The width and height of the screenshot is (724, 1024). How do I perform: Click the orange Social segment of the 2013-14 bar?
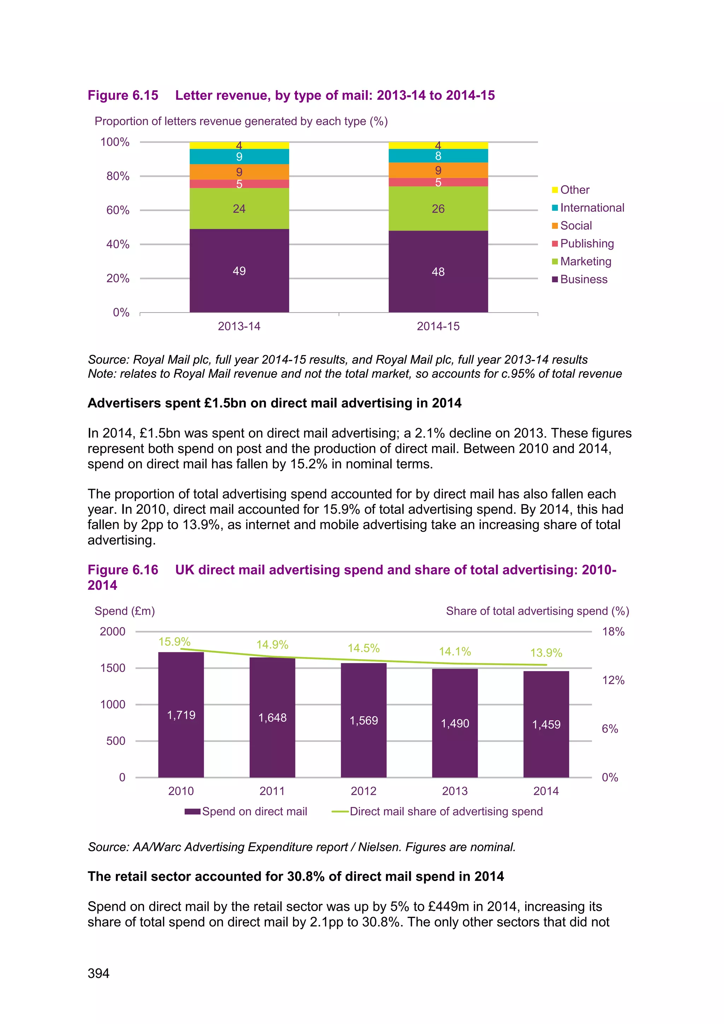239,172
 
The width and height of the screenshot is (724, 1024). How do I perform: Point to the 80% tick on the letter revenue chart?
118,176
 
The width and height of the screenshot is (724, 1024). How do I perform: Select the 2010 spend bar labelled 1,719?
181,715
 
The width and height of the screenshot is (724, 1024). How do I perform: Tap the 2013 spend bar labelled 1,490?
455,723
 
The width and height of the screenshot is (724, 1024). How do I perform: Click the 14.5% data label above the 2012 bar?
363,648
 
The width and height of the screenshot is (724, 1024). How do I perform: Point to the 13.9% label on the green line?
546,653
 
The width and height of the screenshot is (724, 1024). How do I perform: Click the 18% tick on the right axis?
613,632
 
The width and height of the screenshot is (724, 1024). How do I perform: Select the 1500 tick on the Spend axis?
113,668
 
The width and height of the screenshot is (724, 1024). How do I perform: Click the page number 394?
99,973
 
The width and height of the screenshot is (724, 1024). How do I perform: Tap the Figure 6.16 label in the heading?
123,570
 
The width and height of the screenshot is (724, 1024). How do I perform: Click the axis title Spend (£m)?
125,611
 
